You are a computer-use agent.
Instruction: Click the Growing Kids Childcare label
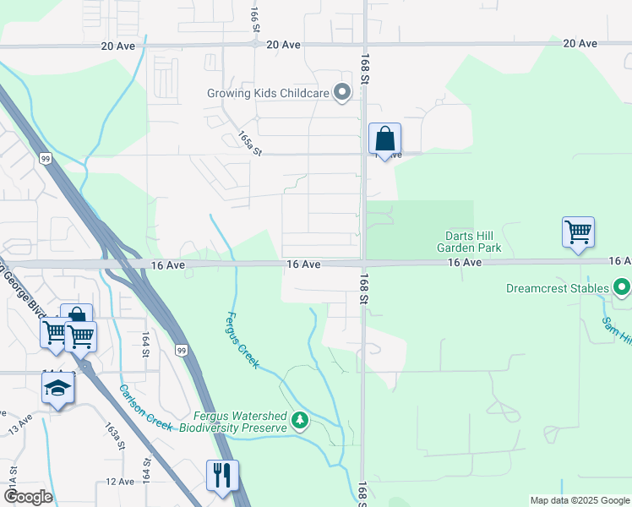(x=268, y=93)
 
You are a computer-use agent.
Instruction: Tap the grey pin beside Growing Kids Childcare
(x=342, y=93)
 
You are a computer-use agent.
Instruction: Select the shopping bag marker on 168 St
(x=384, y=139)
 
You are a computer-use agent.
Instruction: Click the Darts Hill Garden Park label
(x=469, y=242)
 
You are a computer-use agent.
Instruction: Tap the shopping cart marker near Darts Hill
(x=578, y=232)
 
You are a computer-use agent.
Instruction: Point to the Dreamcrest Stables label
(x=557, y=288)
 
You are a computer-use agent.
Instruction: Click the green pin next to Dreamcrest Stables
(x=623, y=288)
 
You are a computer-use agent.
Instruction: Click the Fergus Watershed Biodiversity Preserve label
(x=240, y=422)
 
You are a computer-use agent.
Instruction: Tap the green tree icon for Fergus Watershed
(x=299, y=420)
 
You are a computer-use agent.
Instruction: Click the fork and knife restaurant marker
(x=222, y=475)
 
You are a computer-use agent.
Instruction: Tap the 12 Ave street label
(x=120, y=482)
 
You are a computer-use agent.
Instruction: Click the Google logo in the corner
(x=27, y=497)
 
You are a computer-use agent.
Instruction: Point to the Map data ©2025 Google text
(x=580, y=500)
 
